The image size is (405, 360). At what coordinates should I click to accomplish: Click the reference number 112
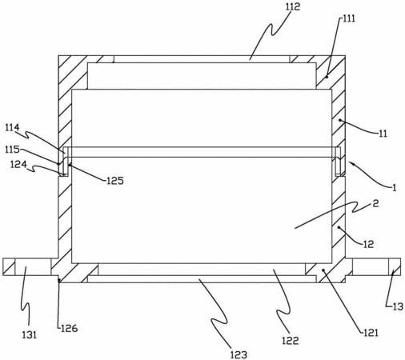[x=293, y=6]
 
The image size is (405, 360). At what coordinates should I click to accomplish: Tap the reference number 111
[x=348, y=19]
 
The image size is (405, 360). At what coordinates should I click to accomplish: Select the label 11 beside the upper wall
[x=383, y=134]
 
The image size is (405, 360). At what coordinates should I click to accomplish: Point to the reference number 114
[x=12, y=128]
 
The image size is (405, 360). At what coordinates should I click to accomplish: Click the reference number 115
[x=12, y=150]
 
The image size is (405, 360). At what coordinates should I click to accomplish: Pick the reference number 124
[x=18, y=164]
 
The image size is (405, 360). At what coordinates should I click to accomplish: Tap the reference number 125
[x=115, y=181]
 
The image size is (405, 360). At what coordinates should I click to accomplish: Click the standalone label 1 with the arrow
[x=394, y=188]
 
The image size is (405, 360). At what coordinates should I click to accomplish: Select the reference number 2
[x=375, y=204]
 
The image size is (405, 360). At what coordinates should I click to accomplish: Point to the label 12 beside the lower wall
[x=368, y=244]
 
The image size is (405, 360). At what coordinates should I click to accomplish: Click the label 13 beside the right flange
[x=398, y=306]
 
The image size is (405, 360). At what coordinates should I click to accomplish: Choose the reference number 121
[x=371, y=333]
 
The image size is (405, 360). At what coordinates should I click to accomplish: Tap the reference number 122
[x=291, y=341]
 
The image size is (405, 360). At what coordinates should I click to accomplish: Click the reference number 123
[x=239, y=354]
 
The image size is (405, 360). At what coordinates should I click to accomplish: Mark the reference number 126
[x=69, y=329]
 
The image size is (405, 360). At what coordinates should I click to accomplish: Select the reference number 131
[x=30, y=334]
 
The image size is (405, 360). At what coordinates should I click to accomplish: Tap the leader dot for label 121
[x=323, y=270]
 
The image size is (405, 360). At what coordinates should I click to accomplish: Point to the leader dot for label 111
[x=327, y=77]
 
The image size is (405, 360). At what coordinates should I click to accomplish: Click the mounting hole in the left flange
[x=33, y=266]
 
